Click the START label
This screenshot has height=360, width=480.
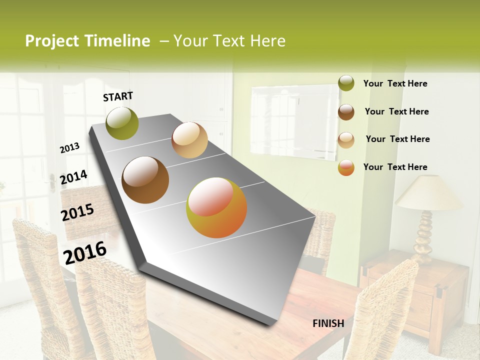click(x=118, y=96)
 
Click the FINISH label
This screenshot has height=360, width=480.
click(x=328, y=323)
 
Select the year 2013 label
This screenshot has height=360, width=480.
click(x=69, y=148)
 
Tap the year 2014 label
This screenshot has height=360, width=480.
click(x=73, y=177)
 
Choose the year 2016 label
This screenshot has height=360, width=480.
click(x=85, y=252)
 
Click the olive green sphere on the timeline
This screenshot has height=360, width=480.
click(x=122, y=123)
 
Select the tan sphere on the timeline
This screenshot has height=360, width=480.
click(x=189, y=140)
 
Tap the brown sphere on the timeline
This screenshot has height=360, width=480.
click(x=145, y=180)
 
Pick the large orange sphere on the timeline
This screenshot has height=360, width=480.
click(x=216, y=207)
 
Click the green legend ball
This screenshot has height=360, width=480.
click(x=346, y=83)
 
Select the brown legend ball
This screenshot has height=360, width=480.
click(x=346, y=112)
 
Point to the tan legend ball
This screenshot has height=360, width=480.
click(x=346, y=140)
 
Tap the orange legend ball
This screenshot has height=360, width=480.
click(x=346, y=167)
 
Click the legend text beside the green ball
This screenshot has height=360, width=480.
click(x=395, y=83)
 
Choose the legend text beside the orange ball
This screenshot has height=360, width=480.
click(x=395, y=167)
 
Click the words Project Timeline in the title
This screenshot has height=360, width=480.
click(x=87, y=41)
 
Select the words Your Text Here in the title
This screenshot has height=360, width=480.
click(x=229, y=41)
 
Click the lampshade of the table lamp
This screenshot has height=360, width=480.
click(x=429, y=193)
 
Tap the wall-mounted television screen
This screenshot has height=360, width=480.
click(x=294, y=122)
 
